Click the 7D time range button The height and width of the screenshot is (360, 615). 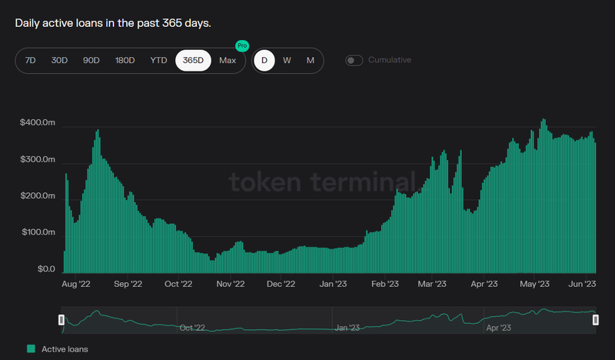(x=31, y=60)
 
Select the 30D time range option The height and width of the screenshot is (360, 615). (x=59, y=60)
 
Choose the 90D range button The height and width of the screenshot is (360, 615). (x=91, y=60)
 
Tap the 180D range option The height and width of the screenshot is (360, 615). (x=125, y=60)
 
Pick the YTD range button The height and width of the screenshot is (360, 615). (x=158, y=60)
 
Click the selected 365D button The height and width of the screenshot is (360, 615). (x=193, y=60)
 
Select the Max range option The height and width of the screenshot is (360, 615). (x=228, y=60)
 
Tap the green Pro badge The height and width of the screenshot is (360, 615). (x=243, y=46)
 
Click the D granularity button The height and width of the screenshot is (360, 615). (x=264, y=60)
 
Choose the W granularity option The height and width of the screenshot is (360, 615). (x=287, y=60)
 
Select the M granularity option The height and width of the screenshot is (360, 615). (x=310, y=60)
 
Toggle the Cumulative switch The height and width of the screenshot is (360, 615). (x=354, y=60)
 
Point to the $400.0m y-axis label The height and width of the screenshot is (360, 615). (x=38, y=123)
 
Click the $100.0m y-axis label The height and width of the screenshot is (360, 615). (x=38, y=232)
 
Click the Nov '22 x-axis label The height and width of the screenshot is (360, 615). (x=230, y=284)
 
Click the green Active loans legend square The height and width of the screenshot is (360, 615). (x=31, y=349)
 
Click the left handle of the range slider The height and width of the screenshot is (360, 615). (x=61, y=319)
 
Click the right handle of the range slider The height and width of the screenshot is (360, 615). (x=595, y=319)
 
